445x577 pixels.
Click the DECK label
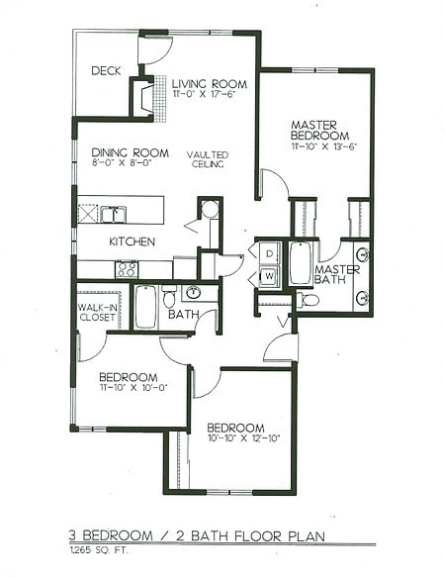click(x=106, y=71)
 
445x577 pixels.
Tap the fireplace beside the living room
click(x=145, y=96)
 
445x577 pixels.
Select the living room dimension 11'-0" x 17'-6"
click(x=209, y=96)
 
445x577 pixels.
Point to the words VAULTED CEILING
click(x=209, y=159)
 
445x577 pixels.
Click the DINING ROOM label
click(x=124, y=152)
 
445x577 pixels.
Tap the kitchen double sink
click(x=112, y=214)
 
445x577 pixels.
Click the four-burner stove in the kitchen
click(x=127, y=268)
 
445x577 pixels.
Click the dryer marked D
click(x=267, y=254)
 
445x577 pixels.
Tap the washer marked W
click(x=267, y=276)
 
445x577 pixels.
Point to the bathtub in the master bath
click(x=299, y=262)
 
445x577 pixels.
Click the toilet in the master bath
click(x=309, y=299)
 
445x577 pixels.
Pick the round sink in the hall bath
click(x=194, y=293)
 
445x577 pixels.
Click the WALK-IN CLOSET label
click(x=99, y=314)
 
